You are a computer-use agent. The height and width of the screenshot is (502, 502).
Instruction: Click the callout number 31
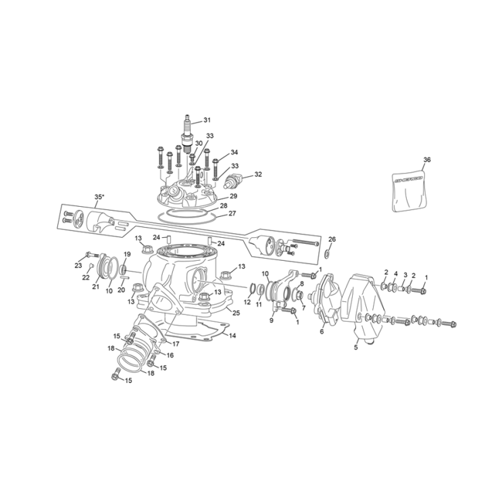click(x=207, y=120)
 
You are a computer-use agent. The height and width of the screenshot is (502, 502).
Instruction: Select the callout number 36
click(x=426, y=160)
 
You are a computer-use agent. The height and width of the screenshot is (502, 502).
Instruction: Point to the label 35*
click(x=99, y=197)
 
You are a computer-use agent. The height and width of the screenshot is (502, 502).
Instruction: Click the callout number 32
click(x=257, y=174)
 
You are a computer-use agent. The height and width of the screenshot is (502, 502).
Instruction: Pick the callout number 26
click(x=332, y=239)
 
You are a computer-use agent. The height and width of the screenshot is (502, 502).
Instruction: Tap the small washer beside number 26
click(x=328, y=254)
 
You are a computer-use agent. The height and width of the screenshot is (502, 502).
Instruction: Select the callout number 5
click(x=355, y=348)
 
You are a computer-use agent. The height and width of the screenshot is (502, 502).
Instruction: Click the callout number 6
click(x=322, y=331)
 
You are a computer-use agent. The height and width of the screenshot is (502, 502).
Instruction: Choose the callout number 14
click(x=232, y=336)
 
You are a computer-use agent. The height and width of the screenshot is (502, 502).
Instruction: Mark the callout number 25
click(x=236, y=312)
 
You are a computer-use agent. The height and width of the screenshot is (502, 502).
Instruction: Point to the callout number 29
click(x=233, y=196)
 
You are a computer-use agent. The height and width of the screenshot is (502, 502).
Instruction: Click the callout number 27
click(x=232, y=214)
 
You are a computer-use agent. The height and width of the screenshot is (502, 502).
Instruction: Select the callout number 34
click(x=234, y=152)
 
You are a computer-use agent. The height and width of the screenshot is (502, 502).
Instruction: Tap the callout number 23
click(x=78, y=266)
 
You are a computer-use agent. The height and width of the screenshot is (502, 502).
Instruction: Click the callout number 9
click(x=271, y=320)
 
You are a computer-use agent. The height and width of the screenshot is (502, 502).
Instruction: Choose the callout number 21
click(x=95, y=286)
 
